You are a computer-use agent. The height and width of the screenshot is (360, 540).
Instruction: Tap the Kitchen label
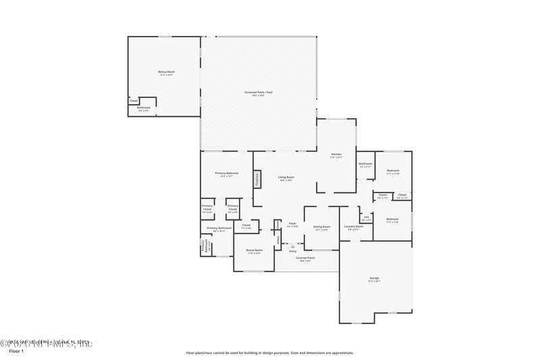(x=336, y=156)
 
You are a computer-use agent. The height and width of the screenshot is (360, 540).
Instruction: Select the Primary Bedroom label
(x=227, y=174)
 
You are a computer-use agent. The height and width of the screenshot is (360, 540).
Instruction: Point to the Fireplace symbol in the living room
(x=257, y=180)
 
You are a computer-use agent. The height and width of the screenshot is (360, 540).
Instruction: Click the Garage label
(x=374, y=278)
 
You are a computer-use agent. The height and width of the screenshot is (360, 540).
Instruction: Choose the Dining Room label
(x=321, y=228)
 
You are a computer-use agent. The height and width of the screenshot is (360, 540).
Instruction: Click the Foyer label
(x=292, y=224)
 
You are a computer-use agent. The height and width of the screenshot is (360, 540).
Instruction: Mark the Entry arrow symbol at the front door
(x=292, y=247)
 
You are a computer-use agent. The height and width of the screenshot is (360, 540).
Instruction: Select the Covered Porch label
(x=306, y=258)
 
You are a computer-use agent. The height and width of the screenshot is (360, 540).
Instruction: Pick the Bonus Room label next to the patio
(x=166, y=72)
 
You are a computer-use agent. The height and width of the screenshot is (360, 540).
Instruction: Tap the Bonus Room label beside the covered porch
(x=254, y=251)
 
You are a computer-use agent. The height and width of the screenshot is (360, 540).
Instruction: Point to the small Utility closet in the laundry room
(x=367, y=218)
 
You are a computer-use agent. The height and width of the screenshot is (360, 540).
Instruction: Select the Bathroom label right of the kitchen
(x=366, y=164)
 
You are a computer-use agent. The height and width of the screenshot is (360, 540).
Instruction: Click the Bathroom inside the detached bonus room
(x=144, y=108)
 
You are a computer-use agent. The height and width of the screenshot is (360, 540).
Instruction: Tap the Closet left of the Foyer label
(x=246, y=226)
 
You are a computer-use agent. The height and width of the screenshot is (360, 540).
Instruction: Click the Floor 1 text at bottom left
(x=16, y=351)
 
